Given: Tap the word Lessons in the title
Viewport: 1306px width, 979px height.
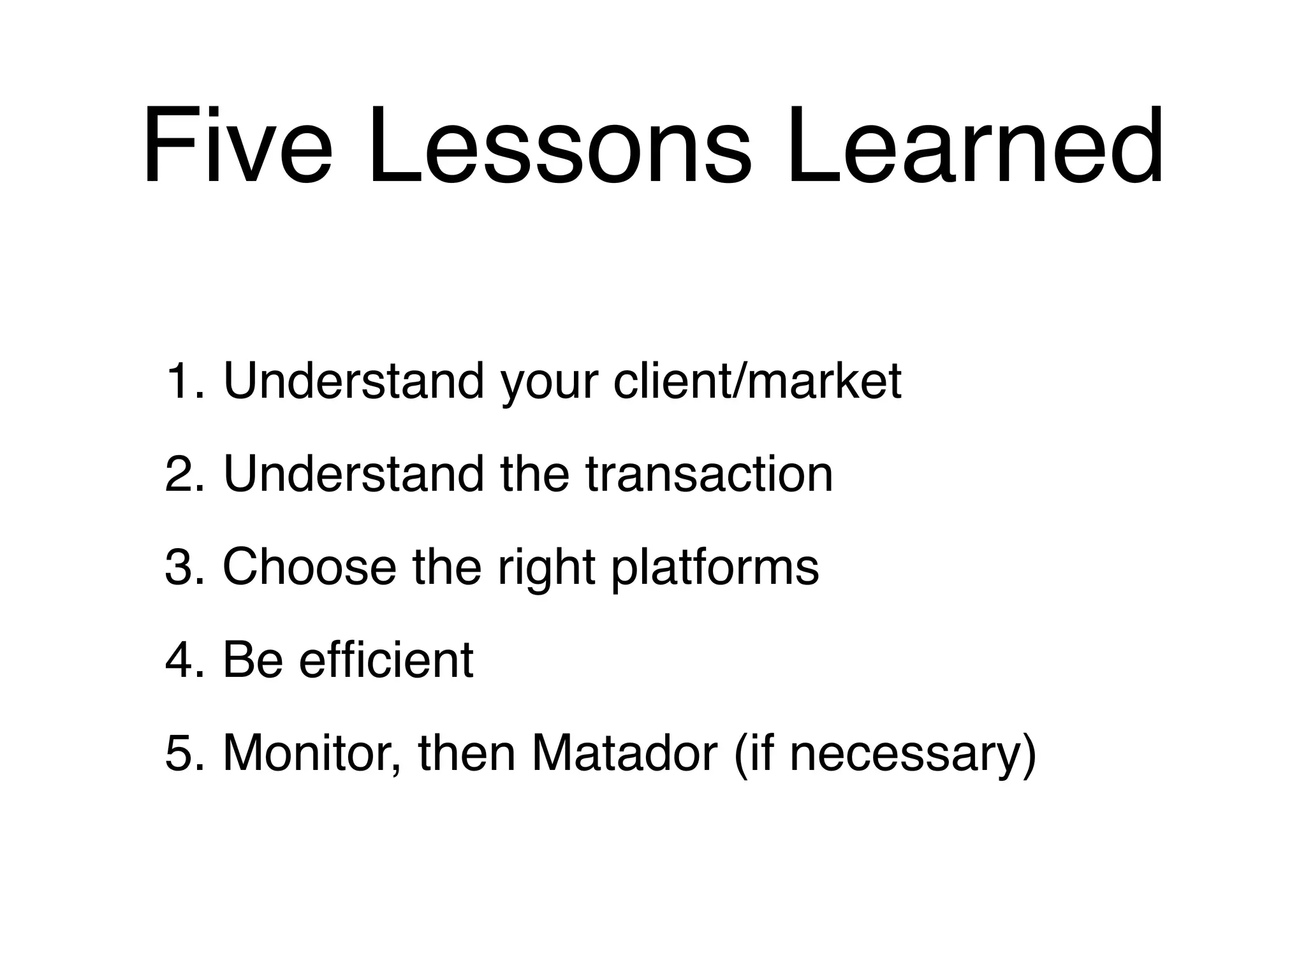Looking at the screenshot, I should coord(558,147).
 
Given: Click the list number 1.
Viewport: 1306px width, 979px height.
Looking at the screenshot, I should coord(182,381).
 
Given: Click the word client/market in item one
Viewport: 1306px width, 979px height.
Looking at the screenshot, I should coord(758,381).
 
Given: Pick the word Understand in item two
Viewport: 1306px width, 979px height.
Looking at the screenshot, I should coord(354,474).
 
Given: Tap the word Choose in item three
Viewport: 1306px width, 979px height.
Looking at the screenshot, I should coord(309,567).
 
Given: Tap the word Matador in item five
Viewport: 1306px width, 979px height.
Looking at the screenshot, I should coord(625,753).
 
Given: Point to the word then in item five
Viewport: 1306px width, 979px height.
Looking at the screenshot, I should coord(466,753).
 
